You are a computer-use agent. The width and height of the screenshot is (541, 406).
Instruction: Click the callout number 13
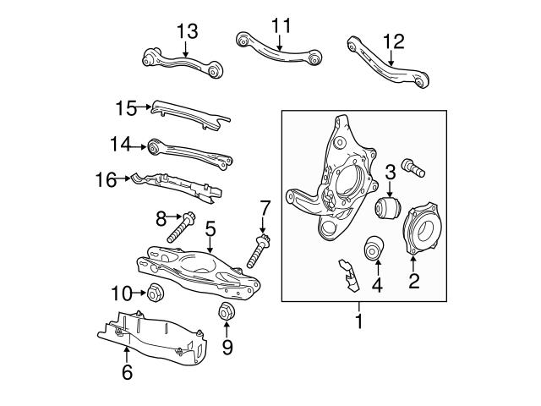tap(187, 32)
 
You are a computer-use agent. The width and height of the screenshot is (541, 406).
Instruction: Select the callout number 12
tap(393, 39)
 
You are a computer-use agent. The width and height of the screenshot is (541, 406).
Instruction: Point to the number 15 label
tap(126, 107)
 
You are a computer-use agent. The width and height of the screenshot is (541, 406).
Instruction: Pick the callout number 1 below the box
tap(358, 321)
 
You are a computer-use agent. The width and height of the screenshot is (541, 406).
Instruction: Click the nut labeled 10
tap(155, 294)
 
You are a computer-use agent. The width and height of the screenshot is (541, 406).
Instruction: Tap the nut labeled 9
tap(227, 310)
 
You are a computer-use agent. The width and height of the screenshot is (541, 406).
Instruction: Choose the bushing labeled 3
tap(389, 208)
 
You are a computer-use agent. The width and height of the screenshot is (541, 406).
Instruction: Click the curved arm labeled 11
tap(279, 51)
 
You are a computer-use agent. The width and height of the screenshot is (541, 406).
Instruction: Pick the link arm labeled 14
tap(190, 152)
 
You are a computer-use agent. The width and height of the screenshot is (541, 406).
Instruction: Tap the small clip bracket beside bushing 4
tap(345, 272)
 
